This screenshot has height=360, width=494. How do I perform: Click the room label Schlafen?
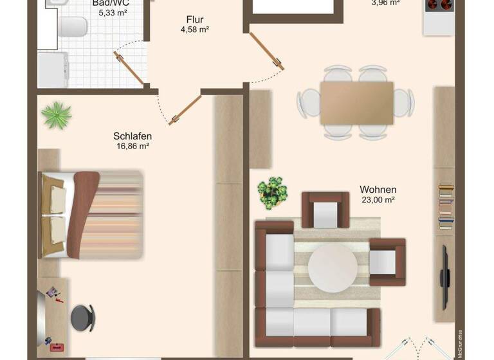point(133,136)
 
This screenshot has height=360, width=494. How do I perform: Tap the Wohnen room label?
point(378,190)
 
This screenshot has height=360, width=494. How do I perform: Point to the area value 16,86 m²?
point(133,147)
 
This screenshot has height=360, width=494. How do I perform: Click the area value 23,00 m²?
point(378,200)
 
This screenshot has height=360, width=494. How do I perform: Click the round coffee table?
point(332,265)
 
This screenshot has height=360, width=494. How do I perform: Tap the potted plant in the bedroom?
point(57,115)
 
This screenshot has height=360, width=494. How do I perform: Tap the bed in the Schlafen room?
point(90,214)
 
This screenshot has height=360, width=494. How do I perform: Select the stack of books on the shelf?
point(446,206)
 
